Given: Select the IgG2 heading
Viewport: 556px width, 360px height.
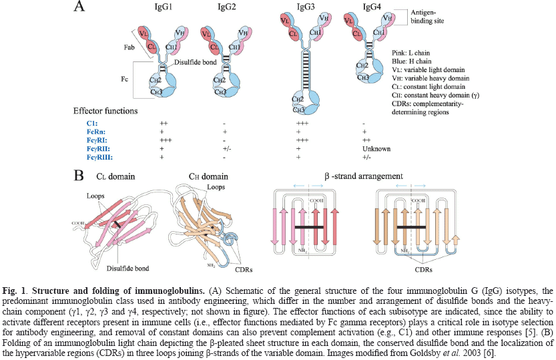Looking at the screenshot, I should pyautogui.click(x=230, y=7).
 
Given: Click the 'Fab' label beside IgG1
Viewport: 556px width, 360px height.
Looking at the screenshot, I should pyautogui.click(x=113, y=48).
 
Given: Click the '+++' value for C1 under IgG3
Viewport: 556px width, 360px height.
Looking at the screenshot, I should pyautogui.click(x=302, y=124).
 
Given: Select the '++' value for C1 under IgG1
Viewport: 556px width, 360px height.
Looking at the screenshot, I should pyautogui.click(x=163, y=124).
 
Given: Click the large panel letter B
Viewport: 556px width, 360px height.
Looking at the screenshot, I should pyautogui.click(x=79, y=176).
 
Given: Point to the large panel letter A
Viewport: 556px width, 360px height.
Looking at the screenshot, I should pyautogui.click(x=79, y=8).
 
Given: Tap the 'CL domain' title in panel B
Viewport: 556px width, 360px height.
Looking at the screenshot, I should pyautogui.click(x=130, y=177).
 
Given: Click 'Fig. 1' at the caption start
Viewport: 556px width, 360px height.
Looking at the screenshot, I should pyautogui.click(x=15, y=292).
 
